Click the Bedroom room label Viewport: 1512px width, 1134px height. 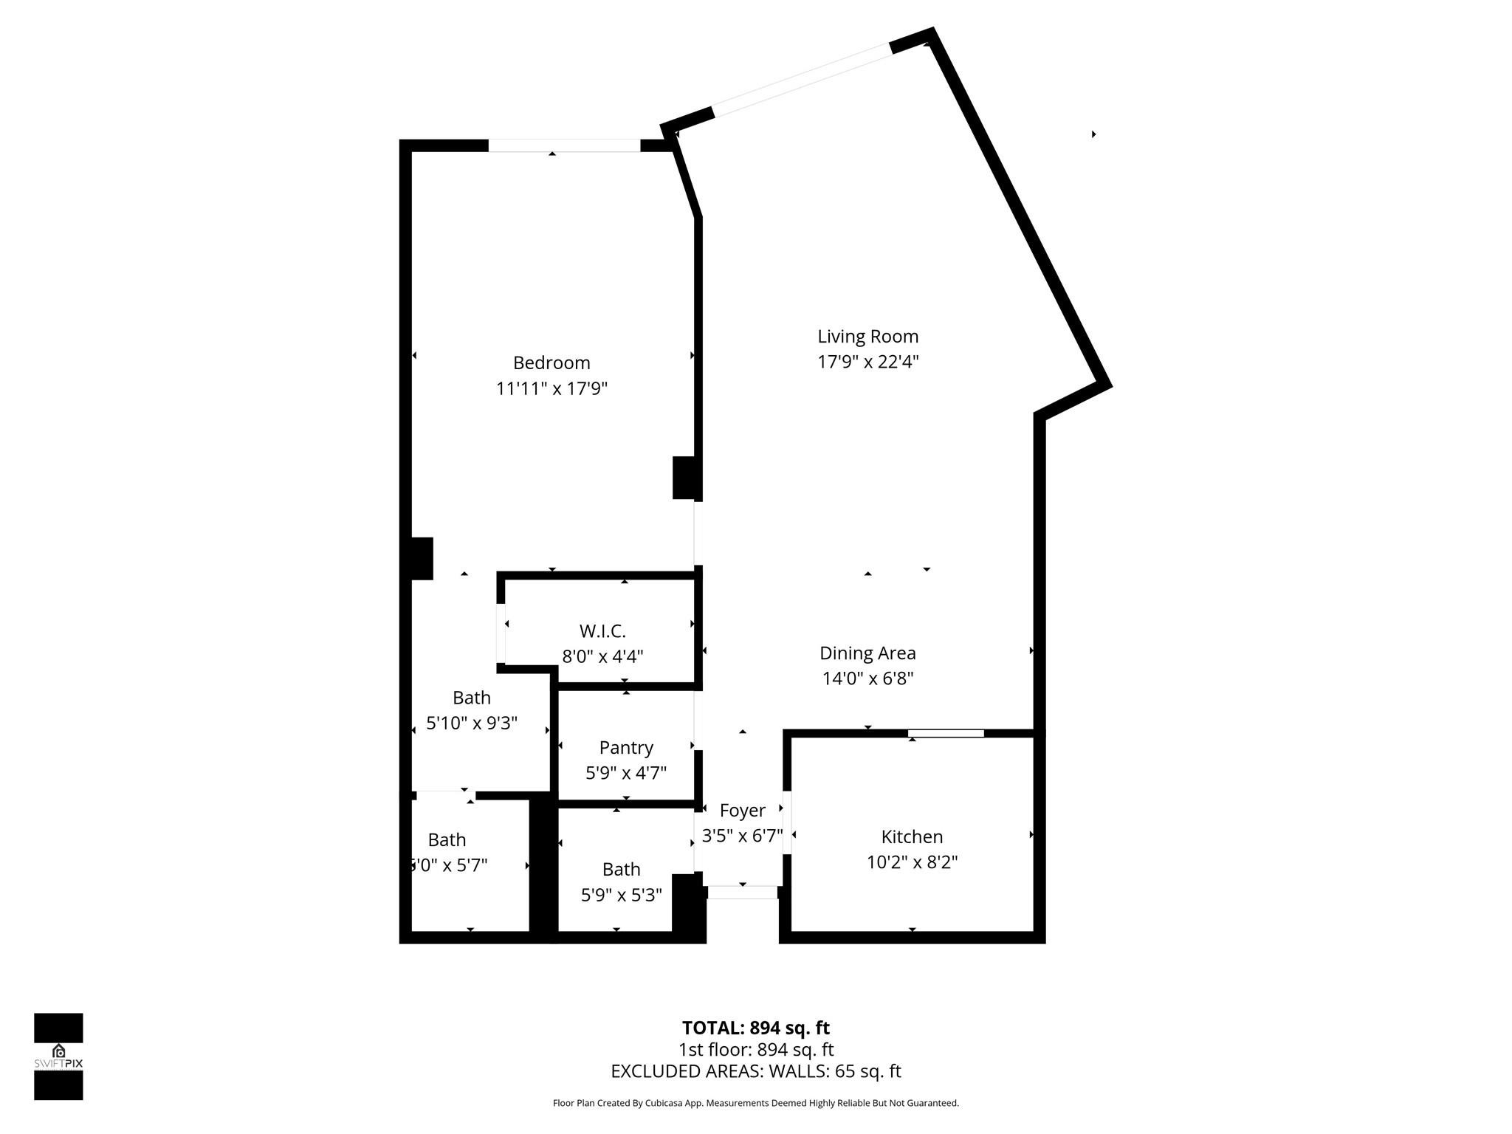coord(551,363)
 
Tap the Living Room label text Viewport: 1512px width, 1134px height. coord(867,337)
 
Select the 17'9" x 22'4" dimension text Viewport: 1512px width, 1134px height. coord(867,362)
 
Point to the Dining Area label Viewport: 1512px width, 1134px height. coord(867,653)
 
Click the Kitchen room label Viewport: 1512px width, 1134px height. coord(912,836)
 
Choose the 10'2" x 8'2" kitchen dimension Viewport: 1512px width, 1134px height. coord(912,862)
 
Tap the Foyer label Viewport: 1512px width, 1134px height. coord(742,811)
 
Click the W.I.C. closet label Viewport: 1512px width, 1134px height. coord(602,631)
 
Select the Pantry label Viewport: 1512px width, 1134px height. coord(626,748)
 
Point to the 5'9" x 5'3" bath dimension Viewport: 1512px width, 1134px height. coord(621,895)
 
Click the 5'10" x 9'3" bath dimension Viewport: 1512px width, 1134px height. coord(472,723)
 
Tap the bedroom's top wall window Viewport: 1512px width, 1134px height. coord(564,145)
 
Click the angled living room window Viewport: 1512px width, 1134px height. coord(802,80)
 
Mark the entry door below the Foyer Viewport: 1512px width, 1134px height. coord(742,893)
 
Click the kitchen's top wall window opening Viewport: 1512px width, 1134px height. coord(946,733)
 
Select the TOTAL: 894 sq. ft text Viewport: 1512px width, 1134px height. coord(755,1028)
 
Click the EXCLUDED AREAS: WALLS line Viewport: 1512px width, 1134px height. coord(755,1071)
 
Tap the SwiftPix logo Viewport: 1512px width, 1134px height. coord(58,1056)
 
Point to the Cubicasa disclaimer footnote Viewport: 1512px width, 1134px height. coord(755,1103)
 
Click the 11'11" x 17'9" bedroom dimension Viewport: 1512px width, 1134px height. coord(551,388)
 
